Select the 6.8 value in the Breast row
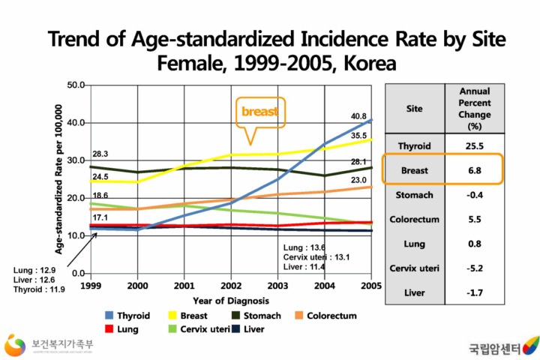(x=474, y=170)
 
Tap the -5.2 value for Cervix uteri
(x=474, y=267)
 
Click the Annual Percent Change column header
(x=474, y=109)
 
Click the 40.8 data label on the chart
(x=359, y=116)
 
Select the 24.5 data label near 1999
(x=100, y=176)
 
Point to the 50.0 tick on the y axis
(x=74, y=85)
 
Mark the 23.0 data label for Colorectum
(x=359, y=180)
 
